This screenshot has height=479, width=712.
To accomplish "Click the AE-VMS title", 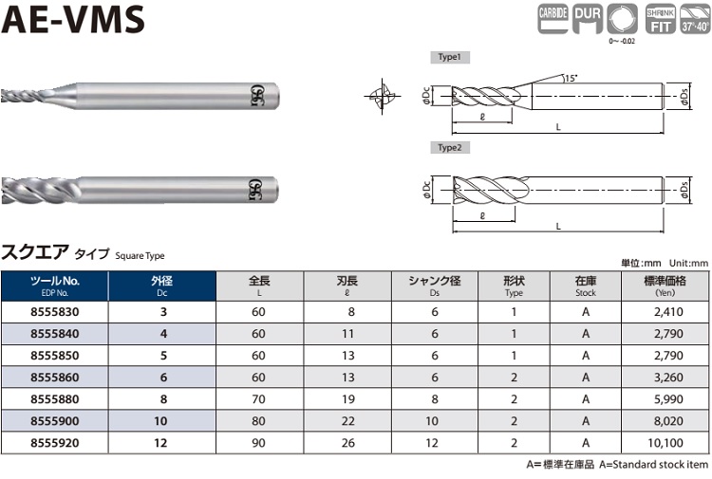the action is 73,20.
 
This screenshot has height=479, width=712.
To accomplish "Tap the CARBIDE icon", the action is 553,19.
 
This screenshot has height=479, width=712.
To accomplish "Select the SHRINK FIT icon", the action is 661,19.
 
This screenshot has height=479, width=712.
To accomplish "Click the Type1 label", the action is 450,57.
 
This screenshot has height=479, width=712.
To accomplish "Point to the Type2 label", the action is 450,148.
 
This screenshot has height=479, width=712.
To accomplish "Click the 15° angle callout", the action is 571,78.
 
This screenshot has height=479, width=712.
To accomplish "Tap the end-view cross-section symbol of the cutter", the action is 382,96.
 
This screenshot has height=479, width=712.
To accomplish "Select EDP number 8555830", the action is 54,312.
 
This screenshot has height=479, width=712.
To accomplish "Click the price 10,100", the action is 665,443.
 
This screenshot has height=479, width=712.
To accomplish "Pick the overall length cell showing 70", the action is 258,399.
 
